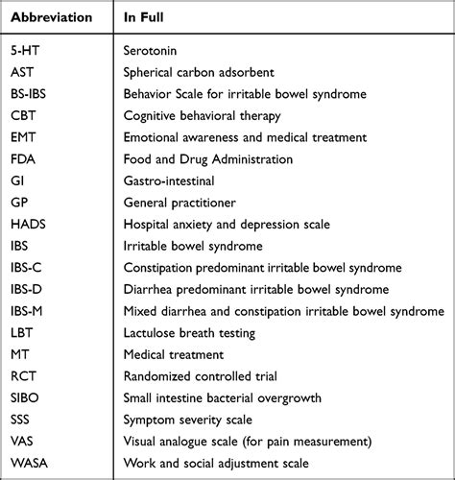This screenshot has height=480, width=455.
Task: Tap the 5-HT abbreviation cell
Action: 27,51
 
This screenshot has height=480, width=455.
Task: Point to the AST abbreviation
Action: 24,73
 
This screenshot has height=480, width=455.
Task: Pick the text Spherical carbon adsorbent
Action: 201,73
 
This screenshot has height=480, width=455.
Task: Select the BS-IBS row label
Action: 35,94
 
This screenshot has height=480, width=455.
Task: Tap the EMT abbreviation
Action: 25,137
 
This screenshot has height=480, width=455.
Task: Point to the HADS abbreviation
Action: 30,224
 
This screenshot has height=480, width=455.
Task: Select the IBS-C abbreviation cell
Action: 30,267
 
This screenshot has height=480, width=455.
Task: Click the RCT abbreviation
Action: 25,375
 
